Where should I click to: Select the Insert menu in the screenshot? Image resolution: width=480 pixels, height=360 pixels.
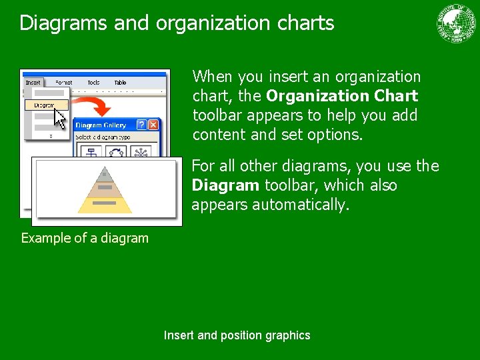click(33, 83)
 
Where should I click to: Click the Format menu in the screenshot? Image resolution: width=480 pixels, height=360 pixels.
click(64, 83)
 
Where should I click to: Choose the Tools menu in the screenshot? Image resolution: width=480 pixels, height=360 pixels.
click(93, 83)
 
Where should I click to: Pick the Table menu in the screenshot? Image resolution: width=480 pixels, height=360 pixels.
click(120, 83)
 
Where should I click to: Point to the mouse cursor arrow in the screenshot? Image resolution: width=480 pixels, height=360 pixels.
click(60, 118)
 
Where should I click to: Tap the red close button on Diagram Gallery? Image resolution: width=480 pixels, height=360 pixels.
click(153, 125)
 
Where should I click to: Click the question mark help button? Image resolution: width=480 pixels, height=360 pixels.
click(141, 125)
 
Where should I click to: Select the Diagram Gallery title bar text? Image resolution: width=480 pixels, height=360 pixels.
click(101, 125)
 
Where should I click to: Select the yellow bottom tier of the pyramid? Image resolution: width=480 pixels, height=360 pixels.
click(104, 203)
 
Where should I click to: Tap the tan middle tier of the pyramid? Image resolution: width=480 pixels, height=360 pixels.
click(104, 189)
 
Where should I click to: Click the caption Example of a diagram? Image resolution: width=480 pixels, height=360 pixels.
click(85, 238)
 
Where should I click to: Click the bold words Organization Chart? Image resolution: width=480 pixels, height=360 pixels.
click(342, 96)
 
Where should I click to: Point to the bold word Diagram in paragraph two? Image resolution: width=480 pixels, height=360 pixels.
click(225, 185)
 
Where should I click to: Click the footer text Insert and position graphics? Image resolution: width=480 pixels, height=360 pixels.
click(237, 335)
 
